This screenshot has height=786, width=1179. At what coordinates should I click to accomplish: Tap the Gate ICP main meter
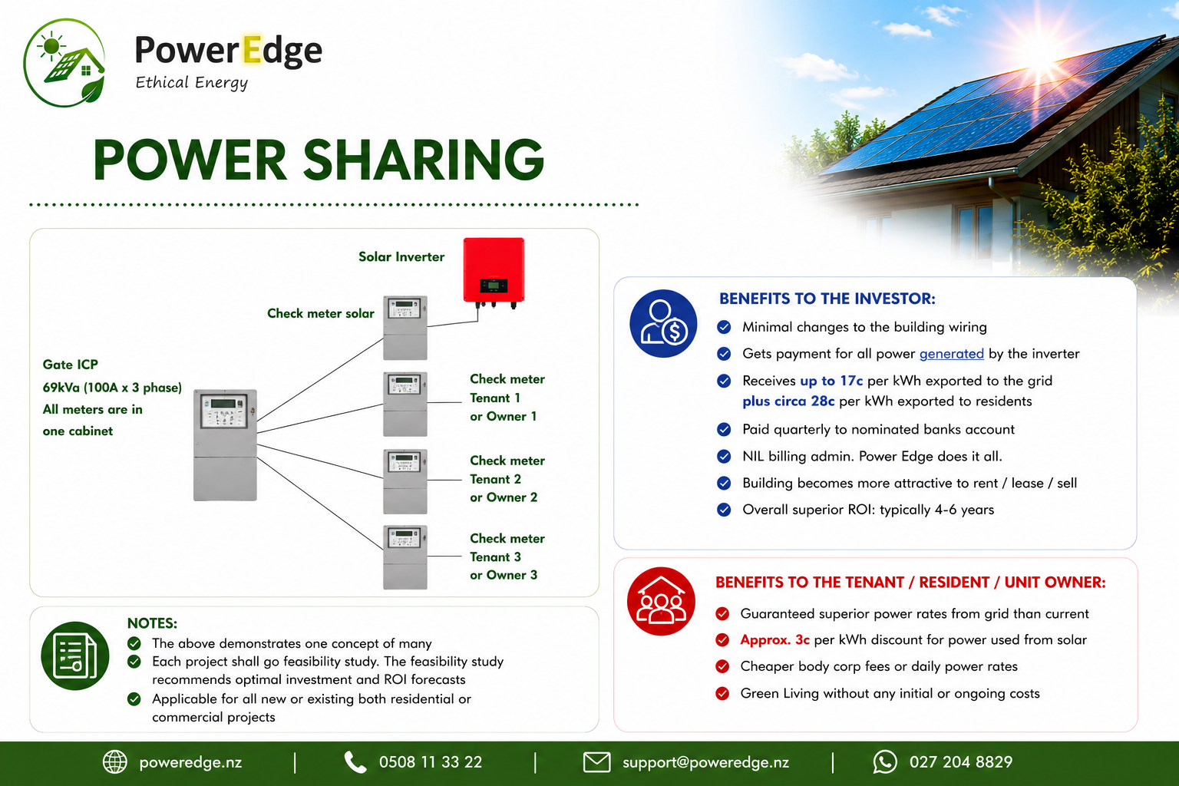pos(225,445)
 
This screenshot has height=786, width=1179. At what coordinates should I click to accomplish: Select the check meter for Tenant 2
pos(405,481)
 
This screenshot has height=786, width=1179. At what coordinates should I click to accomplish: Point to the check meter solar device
pos(405,328)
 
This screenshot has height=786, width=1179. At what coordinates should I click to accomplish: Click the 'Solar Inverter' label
pos(401,257)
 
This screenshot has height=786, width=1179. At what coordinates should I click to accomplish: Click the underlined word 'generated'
pos(951,354)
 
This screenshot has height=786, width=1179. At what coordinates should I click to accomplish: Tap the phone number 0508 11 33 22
pos(430,761)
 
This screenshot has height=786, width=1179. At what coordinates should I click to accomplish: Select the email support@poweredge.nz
pos(705,761)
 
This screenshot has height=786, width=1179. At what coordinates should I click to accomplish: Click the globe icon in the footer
pos(114,761)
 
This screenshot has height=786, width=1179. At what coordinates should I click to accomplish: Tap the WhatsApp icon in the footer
pos(885,761)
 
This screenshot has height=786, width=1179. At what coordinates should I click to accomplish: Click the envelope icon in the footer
pos(597,762)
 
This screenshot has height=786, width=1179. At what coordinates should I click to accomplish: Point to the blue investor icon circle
pos(663,323)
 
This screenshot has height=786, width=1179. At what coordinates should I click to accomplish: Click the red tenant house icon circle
pos(661,601)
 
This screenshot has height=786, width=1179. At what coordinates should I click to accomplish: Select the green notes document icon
pos(75,656)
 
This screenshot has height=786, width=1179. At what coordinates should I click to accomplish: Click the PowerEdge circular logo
pos(64,63)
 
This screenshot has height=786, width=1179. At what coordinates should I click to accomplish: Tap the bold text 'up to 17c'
pos(831,381)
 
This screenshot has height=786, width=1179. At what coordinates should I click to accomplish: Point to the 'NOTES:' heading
pos(152,623)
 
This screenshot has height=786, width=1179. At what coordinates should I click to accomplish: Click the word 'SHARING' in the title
pos(423,160)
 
